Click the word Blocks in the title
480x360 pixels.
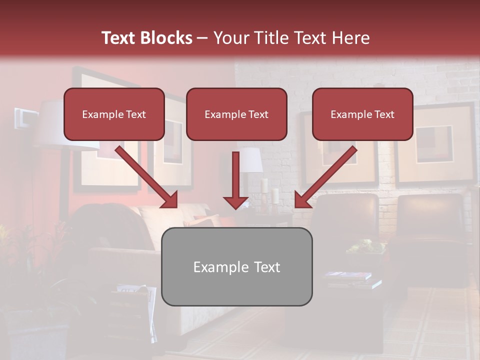pos(167,38)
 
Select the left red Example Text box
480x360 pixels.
pos(114,114)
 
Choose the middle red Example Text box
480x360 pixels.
pos(236,114)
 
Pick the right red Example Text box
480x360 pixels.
pos(362,114)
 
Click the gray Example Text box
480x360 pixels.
pos(236,267)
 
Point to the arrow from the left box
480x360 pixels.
pos(146,177)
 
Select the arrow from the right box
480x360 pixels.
pos(326,177)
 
